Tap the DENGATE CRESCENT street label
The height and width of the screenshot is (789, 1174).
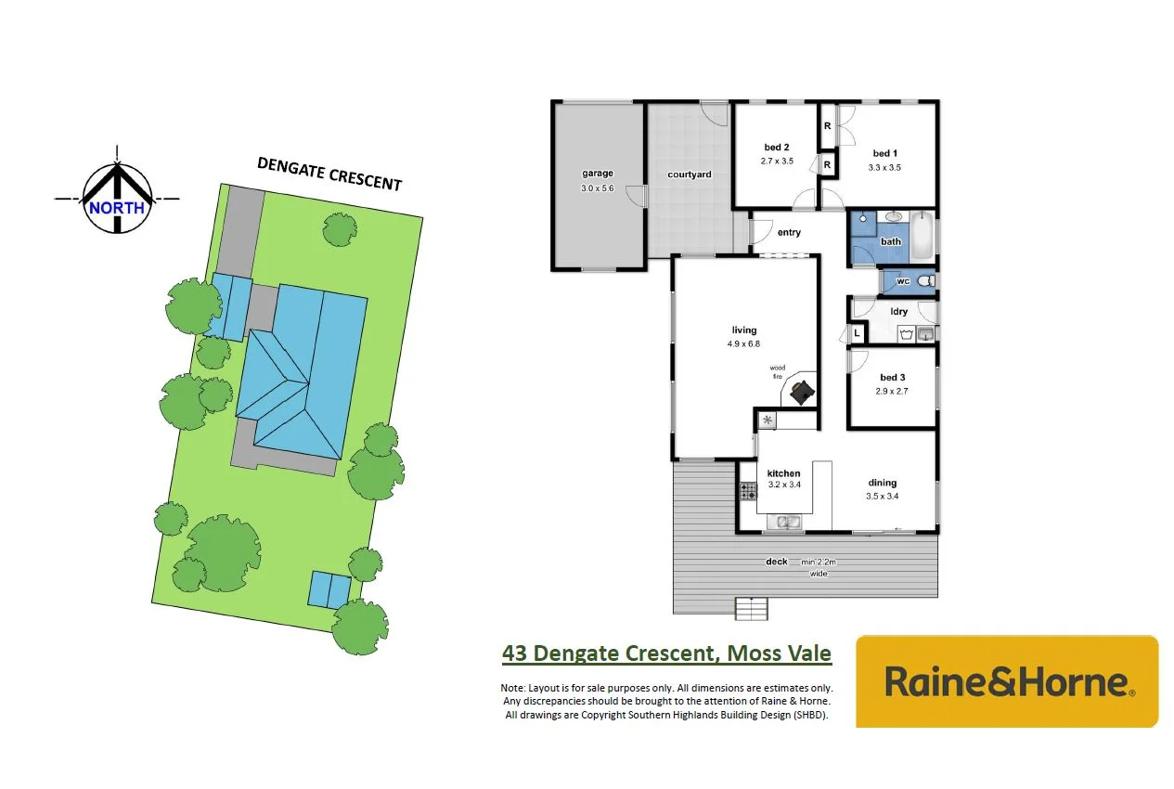(329, 174)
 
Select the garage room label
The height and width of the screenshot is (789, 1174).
(598, 174)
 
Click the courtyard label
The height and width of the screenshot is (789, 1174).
(690, 175)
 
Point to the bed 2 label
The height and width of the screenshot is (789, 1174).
(777, 148)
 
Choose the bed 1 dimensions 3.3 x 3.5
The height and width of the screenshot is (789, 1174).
(884, 168)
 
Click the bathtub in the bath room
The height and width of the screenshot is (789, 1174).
(922, 237)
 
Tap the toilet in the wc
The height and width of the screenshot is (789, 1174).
(923, 280)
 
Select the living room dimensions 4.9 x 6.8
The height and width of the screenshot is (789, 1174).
(744, 343)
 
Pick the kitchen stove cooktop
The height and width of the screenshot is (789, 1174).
(747, 491)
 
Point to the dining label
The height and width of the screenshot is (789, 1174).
(883, 483)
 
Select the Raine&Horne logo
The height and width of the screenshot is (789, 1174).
(1007, 681)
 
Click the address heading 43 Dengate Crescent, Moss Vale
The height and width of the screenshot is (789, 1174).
(666, 653)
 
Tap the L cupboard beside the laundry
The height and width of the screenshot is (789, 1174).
(856, 333)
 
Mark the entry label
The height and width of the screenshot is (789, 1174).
(789, 233)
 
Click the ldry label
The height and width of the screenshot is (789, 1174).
(899, 312)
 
